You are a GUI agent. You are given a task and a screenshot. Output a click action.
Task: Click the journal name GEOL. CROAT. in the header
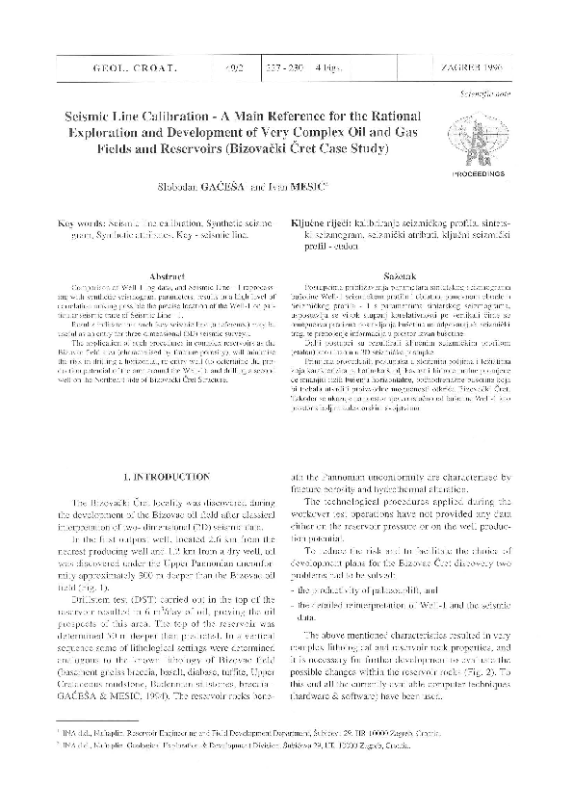91,69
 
